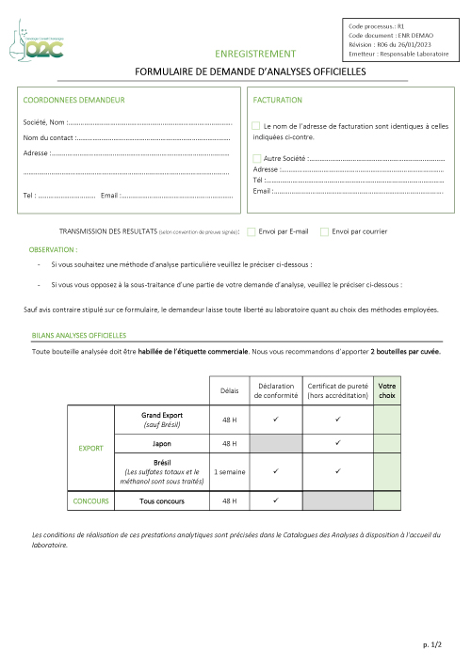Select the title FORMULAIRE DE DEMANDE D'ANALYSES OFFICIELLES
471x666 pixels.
251,71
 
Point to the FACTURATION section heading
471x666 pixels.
278,100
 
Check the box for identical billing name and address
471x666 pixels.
256,125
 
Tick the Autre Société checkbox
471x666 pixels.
257,158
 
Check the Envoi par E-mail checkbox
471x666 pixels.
252,231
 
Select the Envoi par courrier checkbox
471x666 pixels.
325,231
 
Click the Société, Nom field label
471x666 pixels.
43,122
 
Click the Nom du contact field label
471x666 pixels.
48,138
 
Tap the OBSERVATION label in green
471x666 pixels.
54,250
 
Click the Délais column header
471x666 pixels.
229,390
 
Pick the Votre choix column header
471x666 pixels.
386,390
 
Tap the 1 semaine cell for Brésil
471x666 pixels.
229,470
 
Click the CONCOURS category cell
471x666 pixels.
91,501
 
